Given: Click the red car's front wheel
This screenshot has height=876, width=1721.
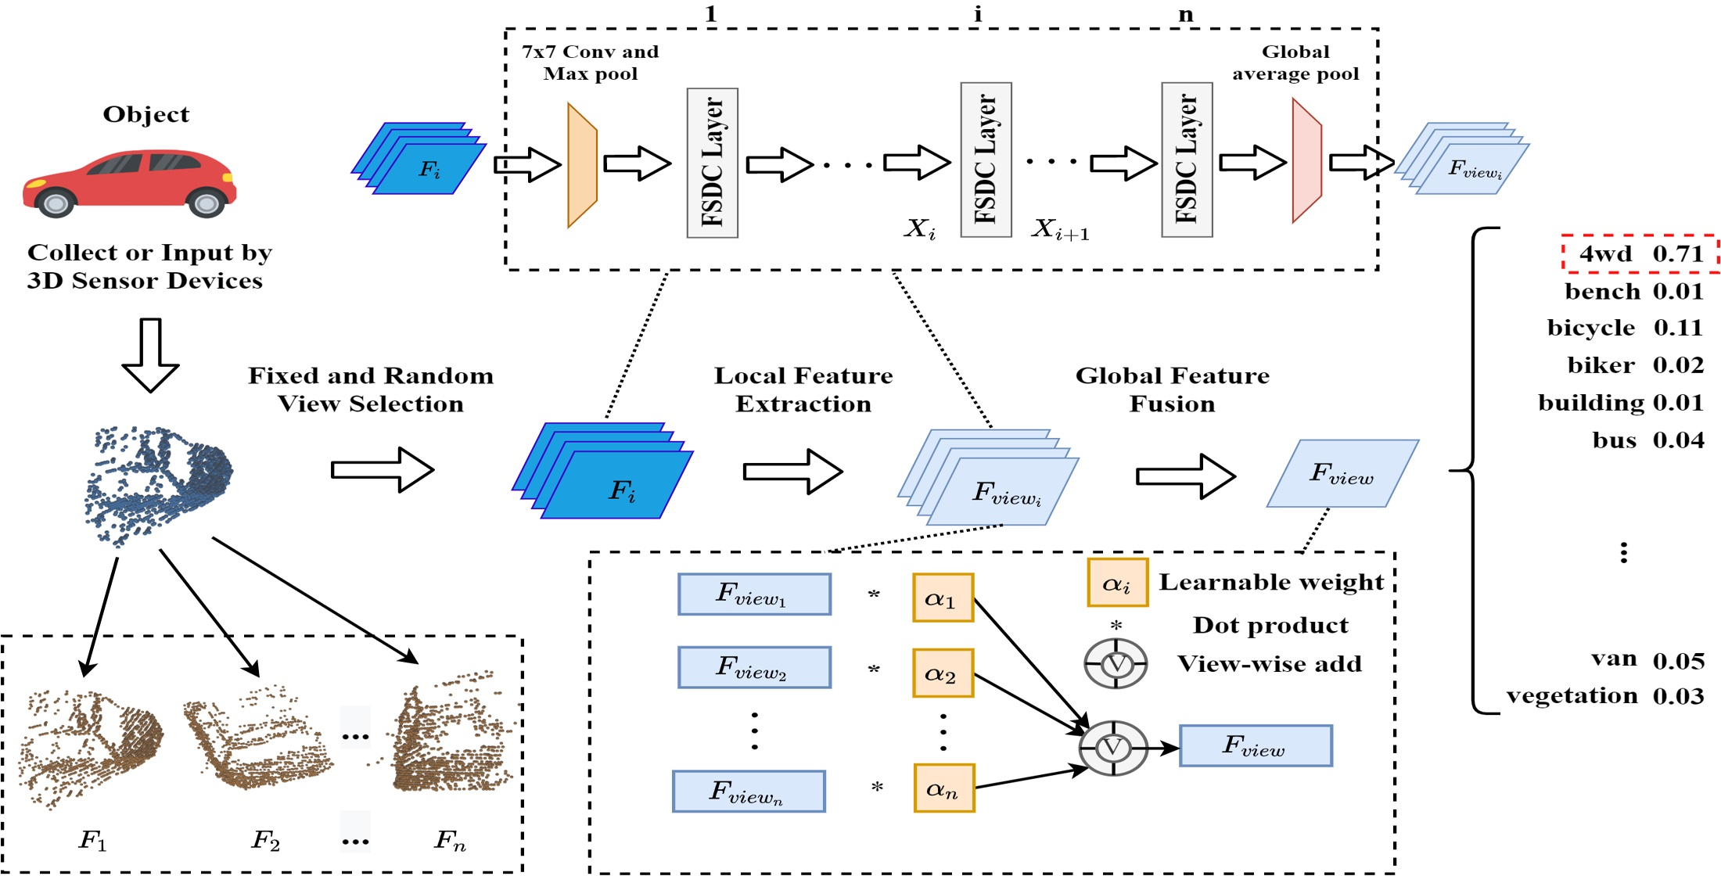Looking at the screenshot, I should coord(206,203).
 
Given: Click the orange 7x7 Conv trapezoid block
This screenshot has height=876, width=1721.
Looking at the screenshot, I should coord(582,165).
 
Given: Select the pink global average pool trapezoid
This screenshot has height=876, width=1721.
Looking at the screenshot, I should coord(1306,161).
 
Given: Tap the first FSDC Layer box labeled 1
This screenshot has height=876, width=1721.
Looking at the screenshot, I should coord(712,163).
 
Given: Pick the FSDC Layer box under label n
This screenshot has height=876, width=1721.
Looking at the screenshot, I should coord(1187,160).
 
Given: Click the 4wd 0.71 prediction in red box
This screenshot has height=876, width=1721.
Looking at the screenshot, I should coord(1640,253).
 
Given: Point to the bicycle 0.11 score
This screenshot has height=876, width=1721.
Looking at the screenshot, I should coord(1625,328).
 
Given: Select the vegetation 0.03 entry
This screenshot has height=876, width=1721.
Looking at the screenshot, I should coord(1604,695).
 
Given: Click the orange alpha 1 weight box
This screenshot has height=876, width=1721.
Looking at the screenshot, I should coord(943,598).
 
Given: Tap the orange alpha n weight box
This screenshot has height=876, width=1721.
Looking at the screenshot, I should coord(943,788).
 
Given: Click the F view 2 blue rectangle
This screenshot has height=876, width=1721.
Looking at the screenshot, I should coord(754,667).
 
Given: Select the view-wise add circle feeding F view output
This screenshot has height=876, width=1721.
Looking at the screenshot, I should coord(1113,749).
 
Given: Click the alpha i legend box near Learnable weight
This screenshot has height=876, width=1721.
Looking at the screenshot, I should coord(1117,583).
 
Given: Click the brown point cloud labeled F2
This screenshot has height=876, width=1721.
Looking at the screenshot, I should coord(254,739).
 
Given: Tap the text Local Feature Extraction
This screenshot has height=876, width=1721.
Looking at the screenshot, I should coord(803,390).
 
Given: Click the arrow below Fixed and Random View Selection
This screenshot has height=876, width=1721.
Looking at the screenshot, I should coord(382,470).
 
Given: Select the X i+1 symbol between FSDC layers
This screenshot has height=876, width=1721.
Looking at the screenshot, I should coord(1060,230).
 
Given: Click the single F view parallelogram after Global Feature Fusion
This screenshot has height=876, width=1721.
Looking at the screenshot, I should coord(1342,473).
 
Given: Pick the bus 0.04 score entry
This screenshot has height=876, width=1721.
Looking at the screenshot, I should coord(1647,440).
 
